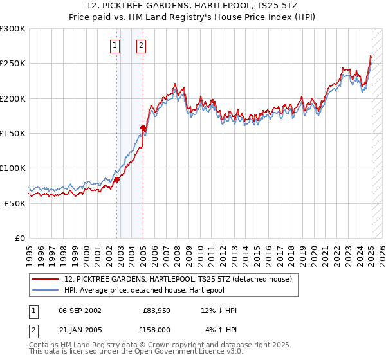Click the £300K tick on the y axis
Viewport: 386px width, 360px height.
click(x=13, y=29)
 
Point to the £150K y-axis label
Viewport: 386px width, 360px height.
click(x=13, y=133)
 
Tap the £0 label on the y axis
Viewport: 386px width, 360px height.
click(x=20, y=238)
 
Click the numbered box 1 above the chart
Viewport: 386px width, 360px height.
click(x=115, y=45)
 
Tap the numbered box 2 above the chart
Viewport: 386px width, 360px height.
click(x=140, y=45)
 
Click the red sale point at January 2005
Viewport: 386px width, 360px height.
click(x=143, y=128)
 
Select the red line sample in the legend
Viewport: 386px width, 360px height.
click(x=46, y=279)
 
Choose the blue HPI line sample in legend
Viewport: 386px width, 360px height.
click(x=46, y=289)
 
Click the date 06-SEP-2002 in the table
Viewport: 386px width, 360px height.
click(x=80, y=310)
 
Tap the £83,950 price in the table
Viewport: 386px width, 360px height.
click(x=156, y=310)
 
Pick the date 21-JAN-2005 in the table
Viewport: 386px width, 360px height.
click(x=80, y=329)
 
